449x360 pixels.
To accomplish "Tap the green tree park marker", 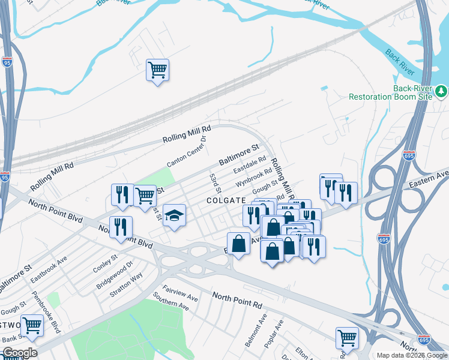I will [442, 91].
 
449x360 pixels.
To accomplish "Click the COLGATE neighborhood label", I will [226, 200].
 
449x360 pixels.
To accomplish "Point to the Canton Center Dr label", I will [186, 151].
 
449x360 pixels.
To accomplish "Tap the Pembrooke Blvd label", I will [46, 322].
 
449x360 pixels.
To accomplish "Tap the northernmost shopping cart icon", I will [157, 70].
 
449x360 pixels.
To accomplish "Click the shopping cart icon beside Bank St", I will [32, 325].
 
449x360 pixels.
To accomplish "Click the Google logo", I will [19, 353].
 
